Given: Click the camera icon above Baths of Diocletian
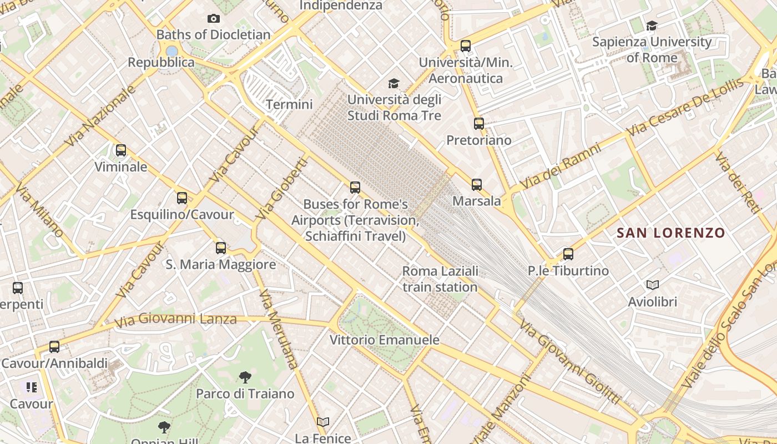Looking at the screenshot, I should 213,19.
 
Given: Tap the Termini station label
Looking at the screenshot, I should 289,104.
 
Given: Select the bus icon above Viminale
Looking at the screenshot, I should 120,150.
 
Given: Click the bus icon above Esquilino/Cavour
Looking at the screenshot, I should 181,198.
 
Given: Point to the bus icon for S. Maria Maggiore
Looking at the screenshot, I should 221,248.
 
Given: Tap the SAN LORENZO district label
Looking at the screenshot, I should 671,233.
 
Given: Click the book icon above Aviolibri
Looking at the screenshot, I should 653,285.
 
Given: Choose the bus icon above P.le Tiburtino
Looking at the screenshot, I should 568,254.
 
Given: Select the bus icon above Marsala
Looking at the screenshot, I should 476,185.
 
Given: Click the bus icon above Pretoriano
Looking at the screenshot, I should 479,124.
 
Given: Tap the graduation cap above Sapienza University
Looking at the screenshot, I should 652,26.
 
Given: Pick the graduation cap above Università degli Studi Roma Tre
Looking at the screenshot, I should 393,83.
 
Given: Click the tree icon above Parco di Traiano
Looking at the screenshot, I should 245,378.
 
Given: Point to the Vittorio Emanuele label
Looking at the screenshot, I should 384,340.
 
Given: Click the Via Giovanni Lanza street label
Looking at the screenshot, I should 175,320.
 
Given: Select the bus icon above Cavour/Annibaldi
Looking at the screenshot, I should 54,347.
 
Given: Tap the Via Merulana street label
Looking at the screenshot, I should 278,330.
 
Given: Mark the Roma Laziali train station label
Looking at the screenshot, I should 440,279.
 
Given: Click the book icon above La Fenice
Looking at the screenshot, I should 323,422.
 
